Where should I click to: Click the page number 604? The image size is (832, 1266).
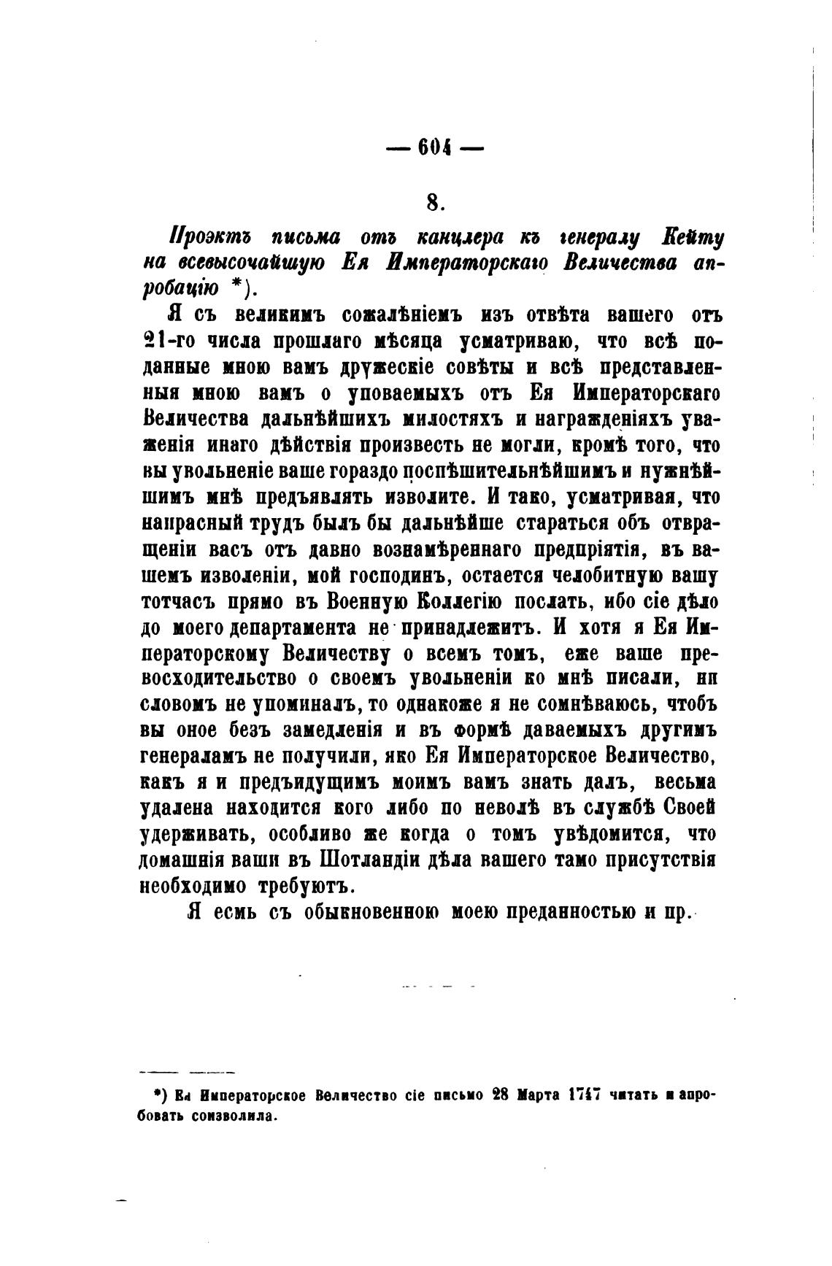(x=434, y=147)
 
